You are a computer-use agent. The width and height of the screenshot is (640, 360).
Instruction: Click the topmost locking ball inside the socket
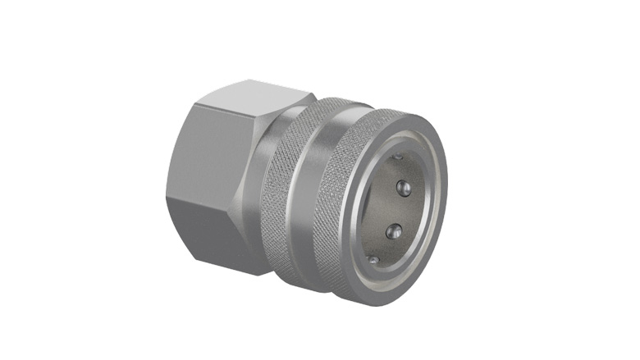tap(397, 156)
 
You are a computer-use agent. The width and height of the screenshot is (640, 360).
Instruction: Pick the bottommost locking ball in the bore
tap(374, 260)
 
